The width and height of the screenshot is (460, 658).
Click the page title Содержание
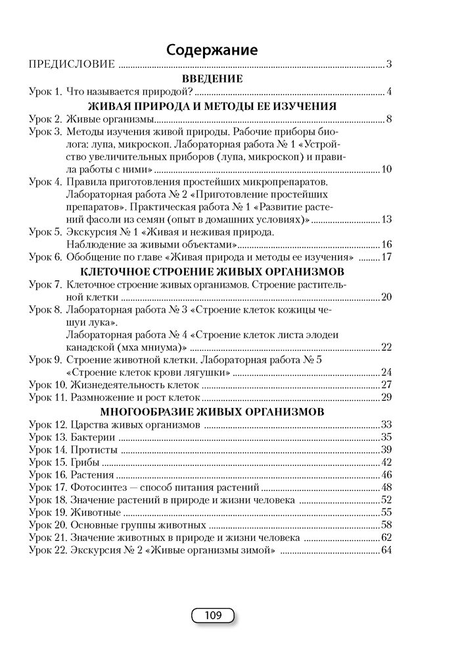click(x=211, y=50)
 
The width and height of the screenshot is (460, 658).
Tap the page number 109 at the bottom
click(x=212, y=616)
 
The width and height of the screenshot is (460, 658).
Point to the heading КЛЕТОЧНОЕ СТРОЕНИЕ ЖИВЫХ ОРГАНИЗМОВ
click(x=211, y=270)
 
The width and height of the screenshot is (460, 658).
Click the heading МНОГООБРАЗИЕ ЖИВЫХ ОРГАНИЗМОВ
click(x=211, y=413)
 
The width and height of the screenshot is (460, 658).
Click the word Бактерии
click(x=91, y=438)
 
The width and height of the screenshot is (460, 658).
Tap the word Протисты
click(x=93, y=450)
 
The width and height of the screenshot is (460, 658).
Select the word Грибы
click(x=83, y=463)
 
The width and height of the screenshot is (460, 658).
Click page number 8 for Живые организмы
click(x=389, y=119)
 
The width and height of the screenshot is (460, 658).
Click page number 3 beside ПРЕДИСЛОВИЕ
click(x=389, y=64)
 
